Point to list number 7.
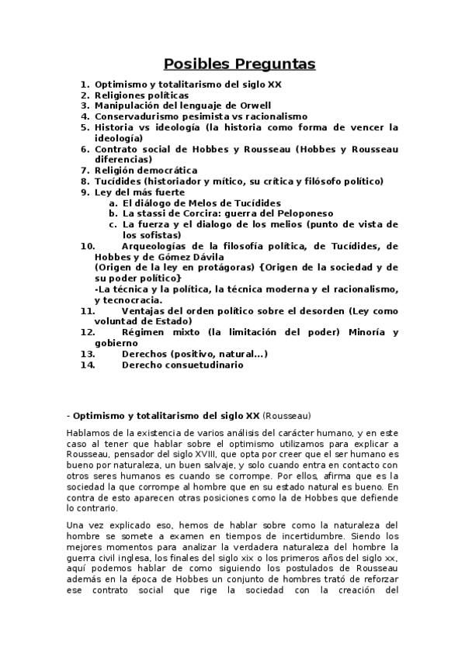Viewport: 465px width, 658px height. [x=85, y=170]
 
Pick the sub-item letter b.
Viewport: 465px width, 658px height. [x=113, y=213]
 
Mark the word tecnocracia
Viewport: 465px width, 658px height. [x=130, y=300]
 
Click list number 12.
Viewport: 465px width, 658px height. [x=88, y=332]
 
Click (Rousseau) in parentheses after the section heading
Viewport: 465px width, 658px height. [x=287, y=416]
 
